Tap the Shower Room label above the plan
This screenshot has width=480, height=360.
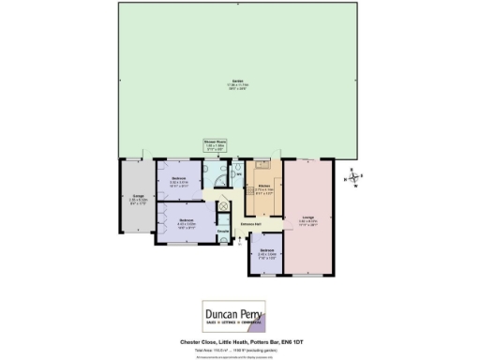217,142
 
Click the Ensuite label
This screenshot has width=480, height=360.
224,230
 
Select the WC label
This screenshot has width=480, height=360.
238,172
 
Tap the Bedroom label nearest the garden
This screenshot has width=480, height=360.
178,178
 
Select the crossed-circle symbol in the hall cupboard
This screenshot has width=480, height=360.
222,206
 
